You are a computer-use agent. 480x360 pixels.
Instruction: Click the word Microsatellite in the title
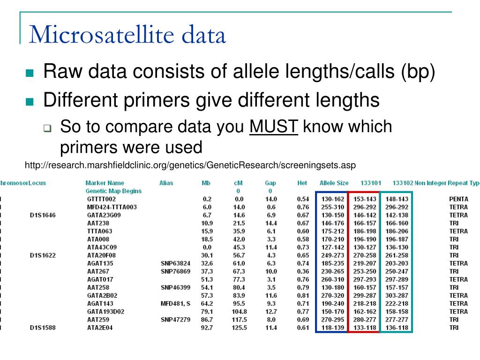pyautogui.click(x=98, y=35)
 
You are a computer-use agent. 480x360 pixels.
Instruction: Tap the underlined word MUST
pyautogui.click(x=274, y=127)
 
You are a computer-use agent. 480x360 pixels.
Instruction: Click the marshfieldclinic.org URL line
pyautogui.click(x=190, y=165)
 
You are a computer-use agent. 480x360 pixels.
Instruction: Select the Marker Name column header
pyautogui.click(x=105, y=183)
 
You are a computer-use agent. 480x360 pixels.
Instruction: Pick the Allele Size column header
pyautogui.click(x=334, y=183)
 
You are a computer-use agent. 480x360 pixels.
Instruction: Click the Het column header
pyautogui.click(x=302, y=183)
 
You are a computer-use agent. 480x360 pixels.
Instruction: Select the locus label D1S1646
pyautogui.click(x=43, y=215)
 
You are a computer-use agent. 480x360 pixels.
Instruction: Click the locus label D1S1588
pyautogui.click(x=43, y=328)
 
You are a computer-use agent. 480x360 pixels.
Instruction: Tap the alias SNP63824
pyautogui.click(x=175, y=263)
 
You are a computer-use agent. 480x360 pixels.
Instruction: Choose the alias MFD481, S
pyautogui.click(x=175, y=304)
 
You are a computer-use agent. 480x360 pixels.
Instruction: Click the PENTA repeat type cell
pyautogui.click(x=458, y=199)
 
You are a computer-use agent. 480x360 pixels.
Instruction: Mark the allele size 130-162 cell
pyautogui.click(x=333, y=199)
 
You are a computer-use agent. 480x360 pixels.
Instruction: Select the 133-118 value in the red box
pyautogui.click(x=365, y=328)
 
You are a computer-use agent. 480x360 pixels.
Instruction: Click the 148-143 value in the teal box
pyautogui.click(x=397, y=199)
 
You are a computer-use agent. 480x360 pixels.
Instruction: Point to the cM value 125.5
pyautogui.click(x=239, y=328)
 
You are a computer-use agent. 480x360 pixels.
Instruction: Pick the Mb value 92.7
pyautogui.click(x=207, y=328)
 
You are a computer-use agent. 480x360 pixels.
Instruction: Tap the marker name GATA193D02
pyautogui.click(x=105, y=312)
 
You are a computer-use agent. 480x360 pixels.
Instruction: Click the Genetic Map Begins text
pyautogui.click(x=113, y=191)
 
